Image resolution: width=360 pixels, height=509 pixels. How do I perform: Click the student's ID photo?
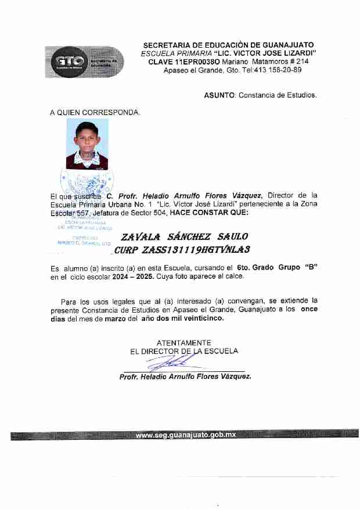pos(87,144)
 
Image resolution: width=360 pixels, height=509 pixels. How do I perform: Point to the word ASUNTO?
pos(219,95)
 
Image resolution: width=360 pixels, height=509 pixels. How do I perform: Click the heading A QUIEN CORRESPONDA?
pos(95,112)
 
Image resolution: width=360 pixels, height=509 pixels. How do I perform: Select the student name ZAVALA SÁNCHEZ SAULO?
pos(184,236)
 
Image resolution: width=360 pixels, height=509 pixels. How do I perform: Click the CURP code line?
pos(182,250)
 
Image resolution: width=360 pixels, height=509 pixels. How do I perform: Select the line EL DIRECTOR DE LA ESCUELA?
pos(184,351)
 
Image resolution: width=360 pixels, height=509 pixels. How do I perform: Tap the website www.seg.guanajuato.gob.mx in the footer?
pos(185,435)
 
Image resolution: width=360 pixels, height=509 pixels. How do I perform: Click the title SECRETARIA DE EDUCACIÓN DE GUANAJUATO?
pos(228,45)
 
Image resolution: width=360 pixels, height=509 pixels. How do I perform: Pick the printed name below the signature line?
pos(185,377)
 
